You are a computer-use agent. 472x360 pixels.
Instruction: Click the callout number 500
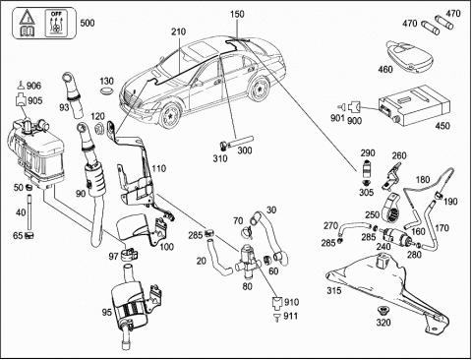[88, 23]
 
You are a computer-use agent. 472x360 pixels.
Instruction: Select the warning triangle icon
[28, 17]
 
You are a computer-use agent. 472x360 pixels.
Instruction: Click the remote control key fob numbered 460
[409, 56]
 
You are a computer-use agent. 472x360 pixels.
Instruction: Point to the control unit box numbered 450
[414, 106]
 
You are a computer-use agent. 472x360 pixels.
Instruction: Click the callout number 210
[178, 31]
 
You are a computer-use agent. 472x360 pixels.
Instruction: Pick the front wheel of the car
[170, 115]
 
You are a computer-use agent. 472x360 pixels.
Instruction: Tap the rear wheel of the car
[260, 89]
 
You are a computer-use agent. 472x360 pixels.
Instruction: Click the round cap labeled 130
[106, 91]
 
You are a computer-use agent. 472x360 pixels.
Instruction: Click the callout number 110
[159, 169]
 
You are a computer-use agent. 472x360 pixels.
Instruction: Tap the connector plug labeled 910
[278, 303]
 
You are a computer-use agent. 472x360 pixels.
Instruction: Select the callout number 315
[334, 290]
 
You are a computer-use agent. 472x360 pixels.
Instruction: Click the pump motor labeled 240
[396, 236]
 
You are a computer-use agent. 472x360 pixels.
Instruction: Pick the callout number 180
[423, 180]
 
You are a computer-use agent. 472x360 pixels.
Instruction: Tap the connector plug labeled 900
[354, 106]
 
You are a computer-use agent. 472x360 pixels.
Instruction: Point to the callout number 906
[33, 86]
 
